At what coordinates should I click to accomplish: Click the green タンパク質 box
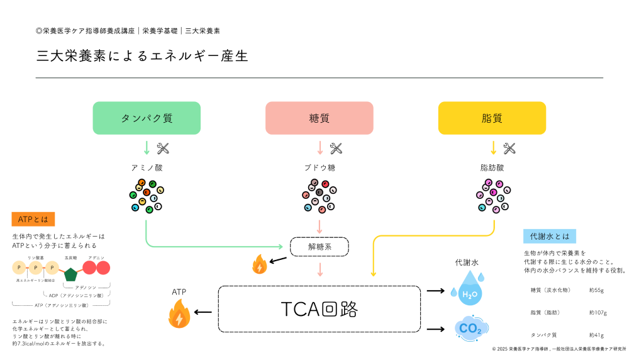(147, 118)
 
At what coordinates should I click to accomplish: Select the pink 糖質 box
(319, 118)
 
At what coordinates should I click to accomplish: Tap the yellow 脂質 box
(491, 118)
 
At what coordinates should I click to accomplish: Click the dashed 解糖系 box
(319, 247)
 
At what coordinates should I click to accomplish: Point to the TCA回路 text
(319, 309)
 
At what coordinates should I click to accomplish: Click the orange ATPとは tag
(33, 219)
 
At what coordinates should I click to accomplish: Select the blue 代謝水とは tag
(549, 236)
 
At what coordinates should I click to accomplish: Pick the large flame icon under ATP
(179, 314)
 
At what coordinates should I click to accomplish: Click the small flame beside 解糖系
(259, 265)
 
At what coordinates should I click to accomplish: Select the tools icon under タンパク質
(163, 149)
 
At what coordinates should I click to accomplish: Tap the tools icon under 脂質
(509, 149)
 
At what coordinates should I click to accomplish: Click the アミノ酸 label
(147, 168)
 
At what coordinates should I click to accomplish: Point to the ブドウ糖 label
(319, 168)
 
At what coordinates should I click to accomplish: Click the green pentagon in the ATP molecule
(70, 274)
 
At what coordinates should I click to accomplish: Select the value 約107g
(597, 312)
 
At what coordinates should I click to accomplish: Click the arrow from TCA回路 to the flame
(203, 312)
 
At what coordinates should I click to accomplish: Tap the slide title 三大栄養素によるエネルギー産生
(142, 56)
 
